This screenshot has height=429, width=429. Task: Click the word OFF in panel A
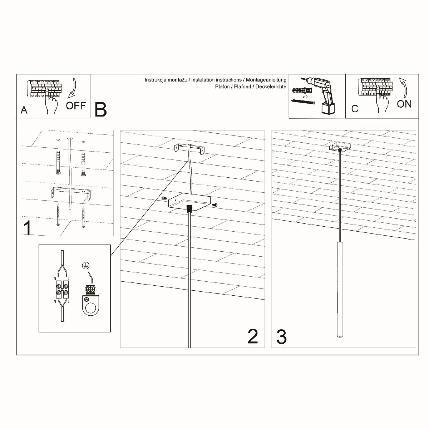(76, 105)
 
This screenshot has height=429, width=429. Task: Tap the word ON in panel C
(404, 104)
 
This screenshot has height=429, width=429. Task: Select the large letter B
(100, 109)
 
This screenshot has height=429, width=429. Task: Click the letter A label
(24, 110)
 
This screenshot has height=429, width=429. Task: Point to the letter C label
(355, 109)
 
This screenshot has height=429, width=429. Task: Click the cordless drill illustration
(322, 95)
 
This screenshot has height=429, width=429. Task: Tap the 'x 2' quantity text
(305, 97)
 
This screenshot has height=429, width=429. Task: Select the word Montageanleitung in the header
(266, 80)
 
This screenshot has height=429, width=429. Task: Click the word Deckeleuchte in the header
(271, 87)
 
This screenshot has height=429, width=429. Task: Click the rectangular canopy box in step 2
(189, 202)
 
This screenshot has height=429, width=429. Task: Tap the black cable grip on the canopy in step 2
(189, 208)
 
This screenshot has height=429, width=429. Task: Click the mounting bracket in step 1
(71, 193)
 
